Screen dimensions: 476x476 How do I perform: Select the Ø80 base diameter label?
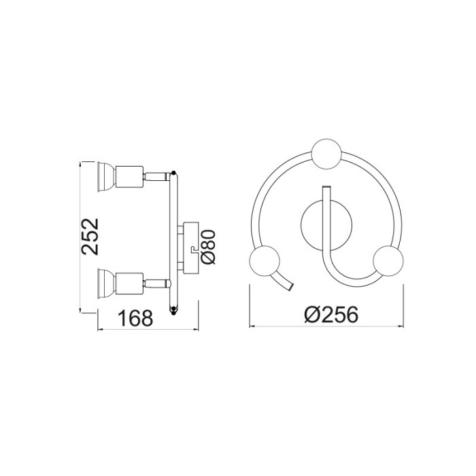coord(209,248)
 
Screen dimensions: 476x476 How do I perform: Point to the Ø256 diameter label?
coord(331,315)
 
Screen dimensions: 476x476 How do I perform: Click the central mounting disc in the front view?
coord(314,226)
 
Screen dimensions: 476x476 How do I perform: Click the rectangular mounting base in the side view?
coord(189,246)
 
